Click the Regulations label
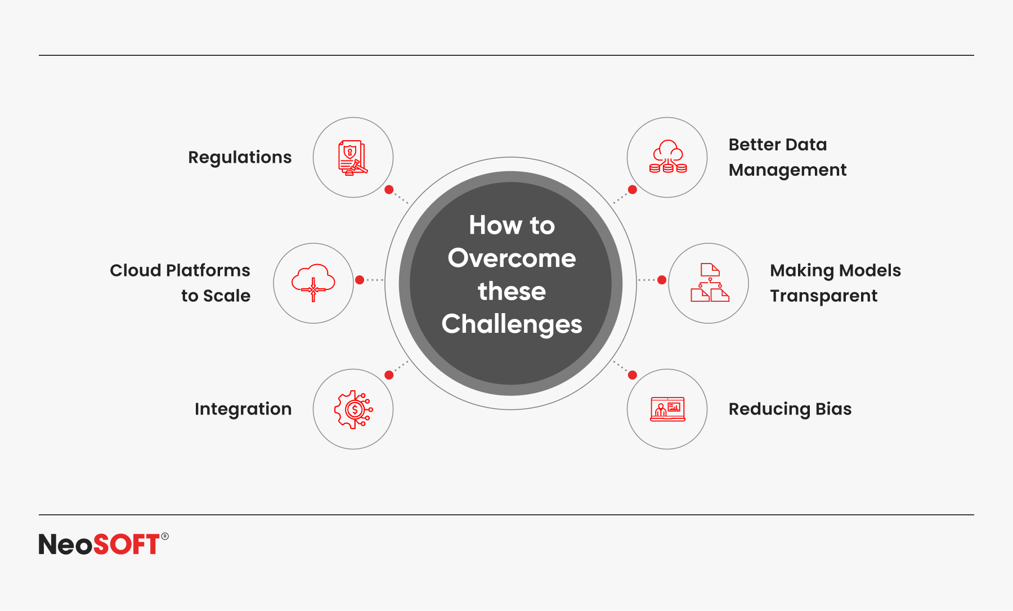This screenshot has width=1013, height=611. point(240,158)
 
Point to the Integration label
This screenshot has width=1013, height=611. point(243,409)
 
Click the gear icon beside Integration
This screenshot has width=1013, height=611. point(353,409)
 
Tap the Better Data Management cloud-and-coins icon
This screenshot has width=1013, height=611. point(667,157)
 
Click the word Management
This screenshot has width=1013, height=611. point(787,170)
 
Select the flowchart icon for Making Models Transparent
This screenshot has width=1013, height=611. point(710,283)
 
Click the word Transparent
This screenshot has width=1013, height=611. point(823,296)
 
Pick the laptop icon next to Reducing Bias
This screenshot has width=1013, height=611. point(667,409)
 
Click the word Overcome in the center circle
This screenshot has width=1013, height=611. point(512,258)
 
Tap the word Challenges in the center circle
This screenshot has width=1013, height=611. point(512,324)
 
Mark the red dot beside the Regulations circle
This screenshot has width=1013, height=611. point(389,190)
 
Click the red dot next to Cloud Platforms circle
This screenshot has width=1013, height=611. point(360,280)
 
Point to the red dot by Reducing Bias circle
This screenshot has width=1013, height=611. point(633,375)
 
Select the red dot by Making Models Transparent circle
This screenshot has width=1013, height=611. point(662,280)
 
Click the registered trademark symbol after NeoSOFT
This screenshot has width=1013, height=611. point(165,536)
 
